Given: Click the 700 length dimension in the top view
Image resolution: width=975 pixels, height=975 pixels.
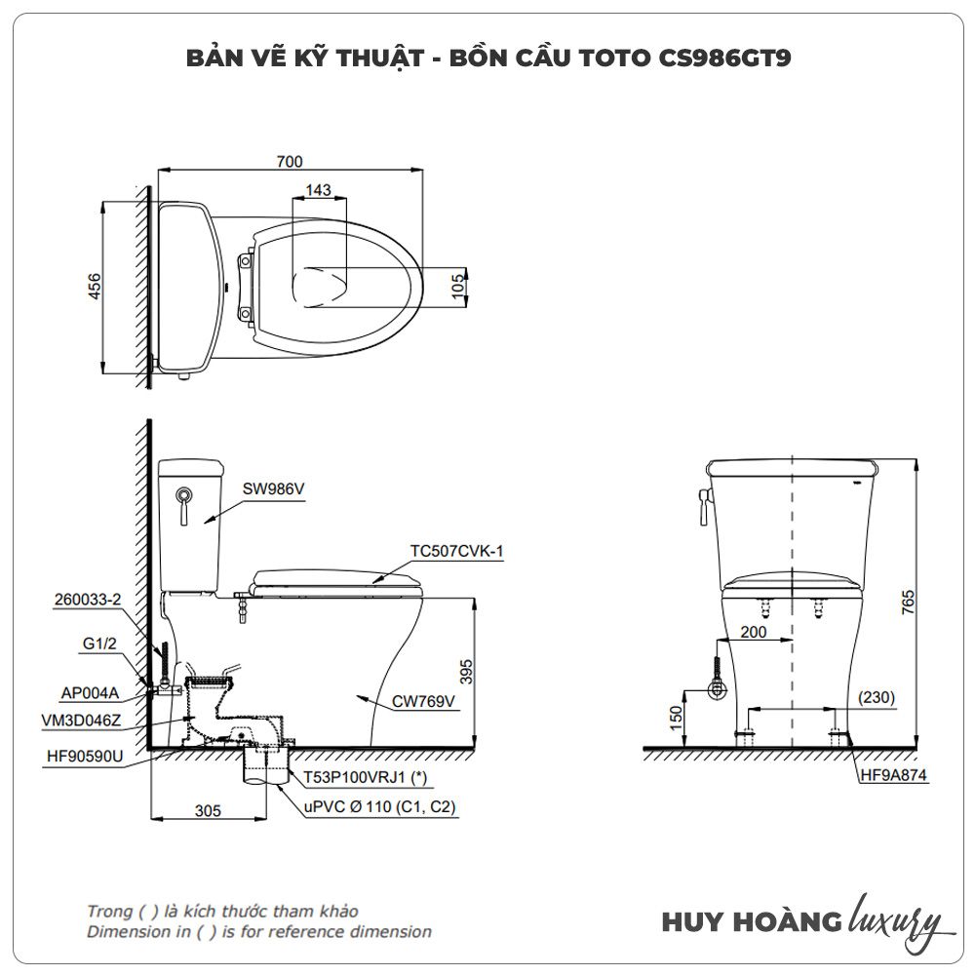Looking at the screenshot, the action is tap(290, 162).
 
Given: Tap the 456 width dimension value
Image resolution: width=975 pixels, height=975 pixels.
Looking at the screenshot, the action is tap(94, 286).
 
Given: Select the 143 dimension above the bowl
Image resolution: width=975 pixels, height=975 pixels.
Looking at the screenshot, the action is tap(319, 190).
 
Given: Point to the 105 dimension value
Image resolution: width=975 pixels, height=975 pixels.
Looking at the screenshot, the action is tap(457, 286).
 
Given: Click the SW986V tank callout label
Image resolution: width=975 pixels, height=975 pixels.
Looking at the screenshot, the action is tap(274, 489).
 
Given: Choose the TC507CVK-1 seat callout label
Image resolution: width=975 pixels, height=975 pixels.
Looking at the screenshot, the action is tap(456, 551).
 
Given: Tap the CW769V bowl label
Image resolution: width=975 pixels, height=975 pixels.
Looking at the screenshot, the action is tap(423, 701).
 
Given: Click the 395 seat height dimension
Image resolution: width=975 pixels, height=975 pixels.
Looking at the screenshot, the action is tap(466, 672).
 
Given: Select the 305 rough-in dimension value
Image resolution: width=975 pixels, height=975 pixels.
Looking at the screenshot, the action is tap(208, 811).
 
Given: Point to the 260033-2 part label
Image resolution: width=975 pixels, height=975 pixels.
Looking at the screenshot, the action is tap(88, 600).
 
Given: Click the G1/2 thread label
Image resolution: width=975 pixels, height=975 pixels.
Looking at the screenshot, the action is tap(99, 643).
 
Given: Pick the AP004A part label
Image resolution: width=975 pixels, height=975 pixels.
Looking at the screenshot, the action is tap(90, 692).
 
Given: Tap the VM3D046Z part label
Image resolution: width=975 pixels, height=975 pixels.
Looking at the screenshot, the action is tap(82, 721).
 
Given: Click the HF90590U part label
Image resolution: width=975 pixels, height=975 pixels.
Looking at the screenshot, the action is tap(85, 757).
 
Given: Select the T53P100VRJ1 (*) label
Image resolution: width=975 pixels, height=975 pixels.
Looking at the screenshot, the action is tap(365, 777).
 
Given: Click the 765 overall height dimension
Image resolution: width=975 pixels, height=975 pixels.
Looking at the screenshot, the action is tap(908, 603).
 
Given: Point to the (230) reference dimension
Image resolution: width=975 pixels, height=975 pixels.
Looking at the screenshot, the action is tap(877, 698).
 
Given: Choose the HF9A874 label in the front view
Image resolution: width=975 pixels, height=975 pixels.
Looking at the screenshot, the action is tap(893, 775).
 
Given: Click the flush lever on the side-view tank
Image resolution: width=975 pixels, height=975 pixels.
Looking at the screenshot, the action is tap(184, 506).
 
